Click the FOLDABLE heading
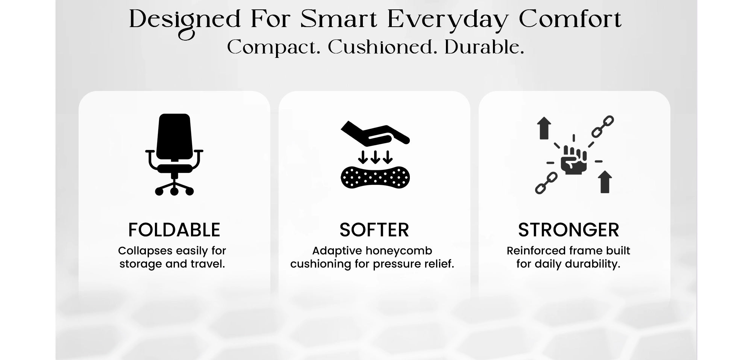point(174,230)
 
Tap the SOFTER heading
point(374,230)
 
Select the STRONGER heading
point(569,230)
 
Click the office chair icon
point(174,154)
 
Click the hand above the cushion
point(375,133)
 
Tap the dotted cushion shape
point(375,177)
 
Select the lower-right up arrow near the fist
point(605,182)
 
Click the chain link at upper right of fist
point(602,127)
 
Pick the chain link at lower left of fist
point(546,183)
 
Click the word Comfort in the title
point(570,20)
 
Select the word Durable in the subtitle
point(484,48)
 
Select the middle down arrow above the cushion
point(375,157)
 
